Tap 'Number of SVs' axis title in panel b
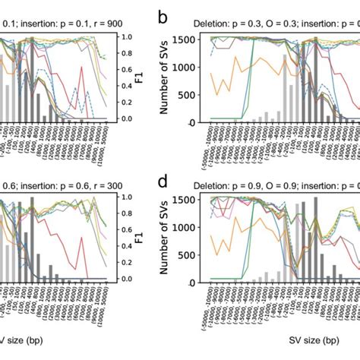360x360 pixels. pos(166,78)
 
